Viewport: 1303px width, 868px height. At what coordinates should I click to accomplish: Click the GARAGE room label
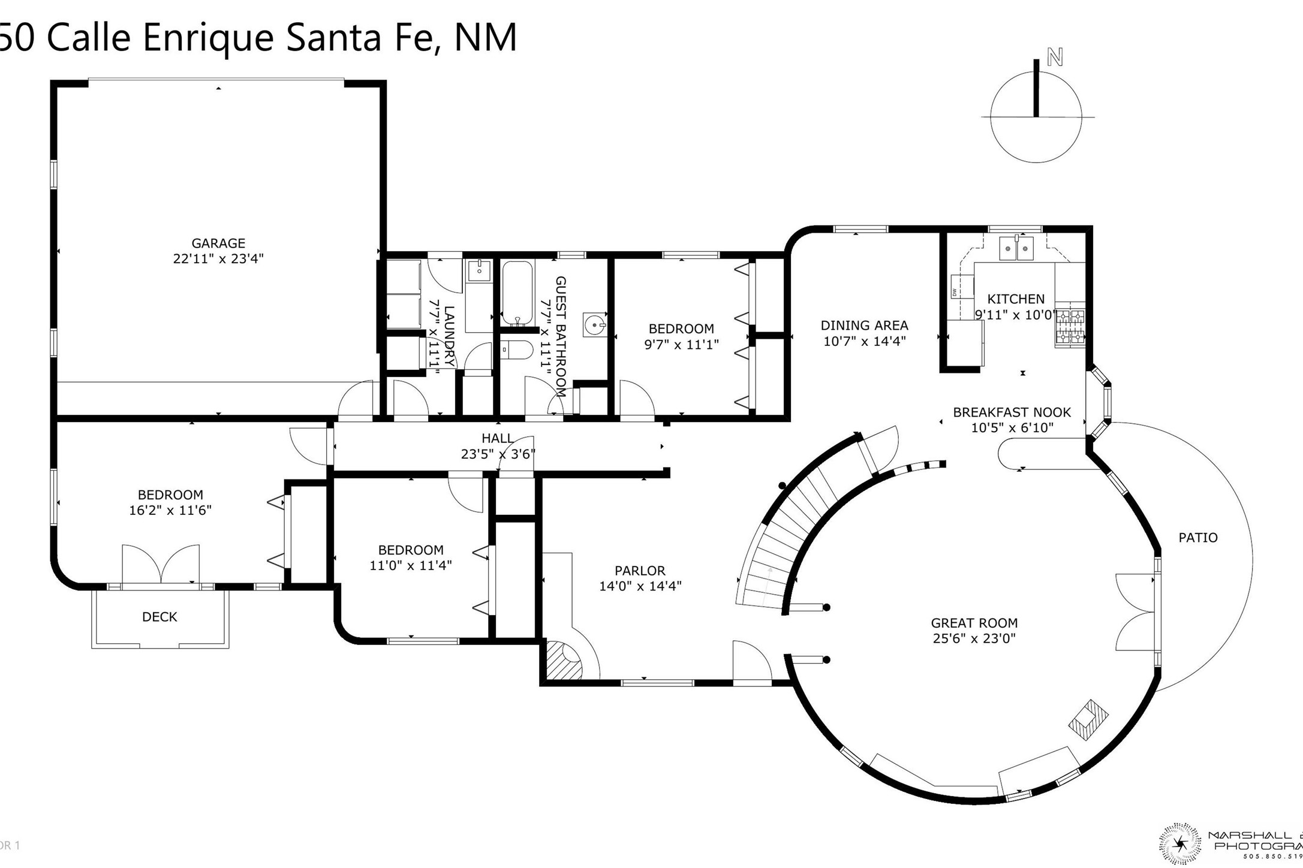(218, 243)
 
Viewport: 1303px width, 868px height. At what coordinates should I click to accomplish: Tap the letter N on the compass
(1055, 58)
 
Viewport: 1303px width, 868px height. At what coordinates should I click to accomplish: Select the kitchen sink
(1016, 248)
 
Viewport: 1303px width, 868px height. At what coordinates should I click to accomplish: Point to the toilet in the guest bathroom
(516, 349)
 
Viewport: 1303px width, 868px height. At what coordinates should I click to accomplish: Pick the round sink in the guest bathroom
(594, 325)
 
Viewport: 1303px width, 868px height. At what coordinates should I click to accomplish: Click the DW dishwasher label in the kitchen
(953, 293)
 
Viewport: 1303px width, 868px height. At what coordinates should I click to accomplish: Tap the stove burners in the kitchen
(1070, 327)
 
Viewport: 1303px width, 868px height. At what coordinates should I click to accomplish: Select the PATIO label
(1197, 538)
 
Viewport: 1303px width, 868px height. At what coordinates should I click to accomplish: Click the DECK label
(160, 617)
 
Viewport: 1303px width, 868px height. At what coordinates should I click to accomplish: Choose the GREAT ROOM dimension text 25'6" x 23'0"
(974, 638)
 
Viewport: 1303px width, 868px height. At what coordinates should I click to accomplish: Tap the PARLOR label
(640, 571)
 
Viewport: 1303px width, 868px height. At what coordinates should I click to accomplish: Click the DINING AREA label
(864, 325)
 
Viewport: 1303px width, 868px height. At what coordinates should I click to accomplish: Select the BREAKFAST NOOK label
(1012, 412)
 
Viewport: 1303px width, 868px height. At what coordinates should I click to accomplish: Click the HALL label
(497, 439)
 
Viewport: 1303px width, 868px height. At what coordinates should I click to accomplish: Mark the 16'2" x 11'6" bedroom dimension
(170, 511)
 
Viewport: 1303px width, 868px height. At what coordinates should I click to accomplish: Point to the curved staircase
(792, 528)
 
